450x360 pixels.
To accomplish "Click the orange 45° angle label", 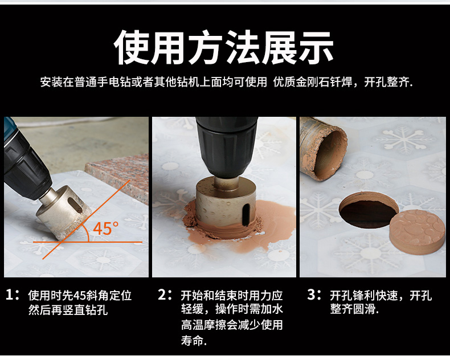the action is click(105, 228).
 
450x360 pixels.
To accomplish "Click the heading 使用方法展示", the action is click(223, 48).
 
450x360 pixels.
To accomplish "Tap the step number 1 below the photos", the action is click(10, 295).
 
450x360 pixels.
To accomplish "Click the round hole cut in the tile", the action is click(368, 210).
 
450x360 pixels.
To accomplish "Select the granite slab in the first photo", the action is click(121, 175).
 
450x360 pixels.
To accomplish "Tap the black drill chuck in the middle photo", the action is click(227, 146).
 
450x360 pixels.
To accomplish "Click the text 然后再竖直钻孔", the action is click(68, 310).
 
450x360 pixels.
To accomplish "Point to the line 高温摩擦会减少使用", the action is click(232, 325).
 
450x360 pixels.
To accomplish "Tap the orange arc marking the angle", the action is click(86, 232).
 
